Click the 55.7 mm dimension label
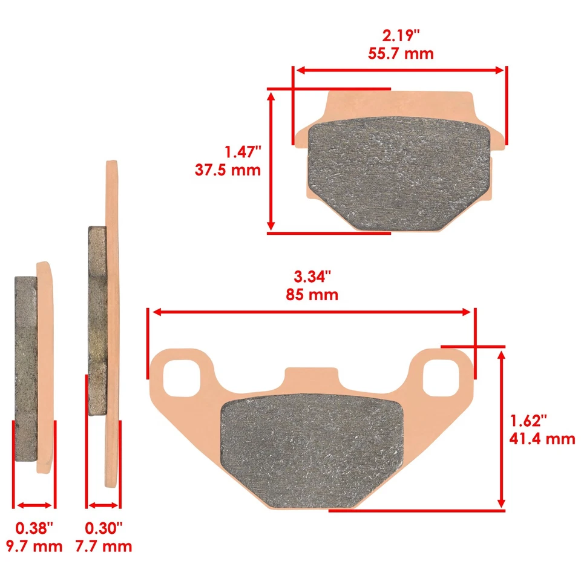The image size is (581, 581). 401,53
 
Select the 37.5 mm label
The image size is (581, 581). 228,169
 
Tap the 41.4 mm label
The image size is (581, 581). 543,438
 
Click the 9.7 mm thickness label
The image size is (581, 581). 34,546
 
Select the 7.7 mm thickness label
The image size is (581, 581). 103,546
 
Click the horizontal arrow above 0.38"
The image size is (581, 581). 34,505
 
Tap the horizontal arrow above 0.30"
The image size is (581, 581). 103,505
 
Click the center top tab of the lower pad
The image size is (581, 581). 312,379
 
